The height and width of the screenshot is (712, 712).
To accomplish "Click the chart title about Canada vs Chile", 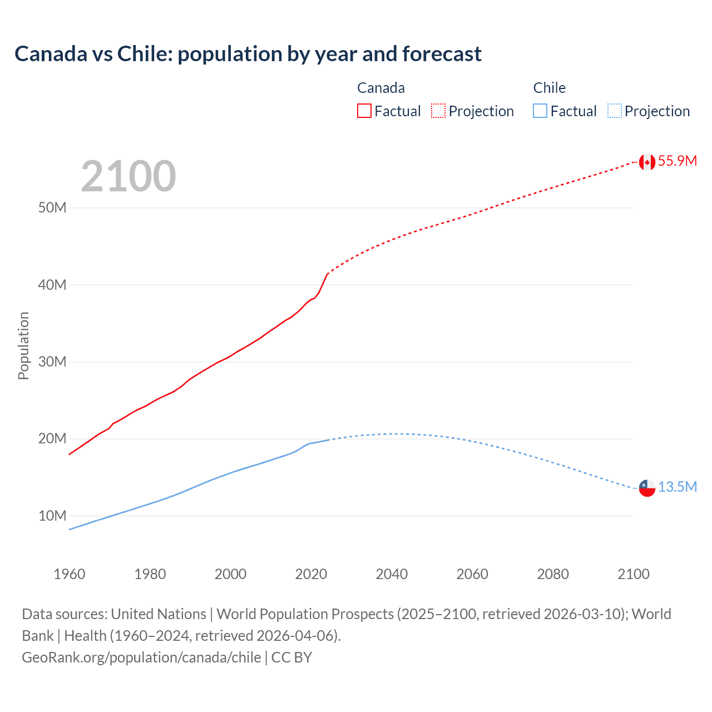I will (x=248, y=54).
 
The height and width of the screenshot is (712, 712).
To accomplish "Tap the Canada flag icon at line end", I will (x=647, y=162).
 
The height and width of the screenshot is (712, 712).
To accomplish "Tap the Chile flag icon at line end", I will (x=647, y=488).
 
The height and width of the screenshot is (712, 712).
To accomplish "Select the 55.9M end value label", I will (x=677, y=161).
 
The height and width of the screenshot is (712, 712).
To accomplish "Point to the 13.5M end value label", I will (x=677, y=487).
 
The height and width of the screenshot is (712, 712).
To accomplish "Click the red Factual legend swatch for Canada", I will (x=364, y=111).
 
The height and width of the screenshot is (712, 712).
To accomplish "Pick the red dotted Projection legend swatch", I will (x=438, y=111).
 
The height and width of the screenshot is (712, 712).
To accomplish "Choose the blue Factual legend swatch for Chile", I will (x=540, y=111).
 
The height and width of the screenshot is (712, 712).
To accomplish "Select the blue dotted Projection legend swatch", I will (x=615, y=111).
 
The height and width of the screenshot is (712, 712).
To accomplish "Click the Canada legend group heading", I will (x=381, y=88).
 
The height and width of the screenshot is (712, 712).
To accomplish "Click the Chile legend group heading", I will (x=549, y=88).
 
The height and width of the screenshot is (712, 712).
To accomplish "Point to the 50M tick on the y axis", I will (x=52, y=208).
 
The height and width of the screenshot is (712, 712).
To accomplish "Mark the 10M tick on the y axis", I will (x=52, y=516).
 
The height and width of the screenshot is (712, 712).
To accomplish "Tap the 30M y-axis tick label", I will (x=52, y=362).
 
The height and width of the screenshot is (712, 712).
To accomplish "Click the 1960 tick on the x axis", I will (x=70, y=574).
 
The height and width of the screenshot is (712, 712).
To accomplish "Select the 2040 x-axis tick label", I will (x=392, y=574).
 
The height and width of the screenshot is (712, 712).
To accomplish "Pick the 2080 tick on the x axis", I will (x=553, y=574).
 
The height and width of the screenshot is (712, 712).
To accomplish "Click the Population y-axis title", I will (x=23, y=345).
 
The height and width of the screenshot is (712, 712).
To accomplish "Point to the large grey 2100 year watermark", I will (x=128, y=176).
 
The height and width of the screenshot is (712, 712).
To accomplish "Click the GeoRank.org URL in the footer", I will (x=141, y=657).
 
